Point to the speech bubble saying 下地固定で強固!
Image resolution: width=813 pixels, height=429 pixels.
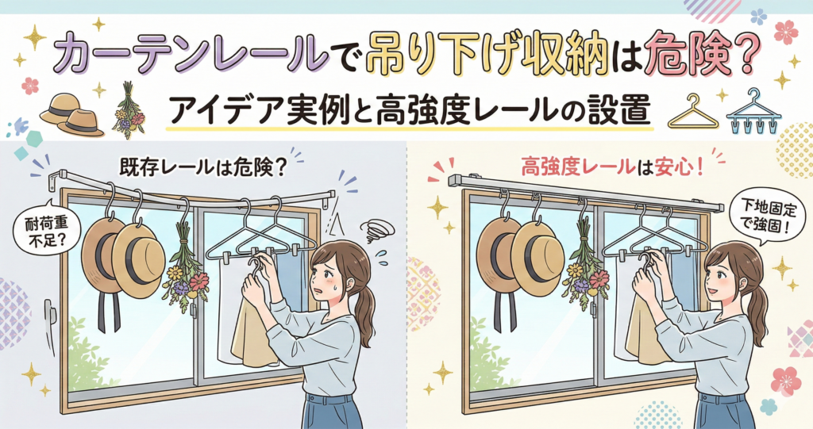click(766, 217)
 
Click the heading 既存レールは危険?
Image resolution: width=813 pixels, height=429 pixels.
click(202, 168)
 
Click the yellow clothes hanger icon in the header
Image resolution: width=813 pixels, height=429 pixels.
click(693, 111)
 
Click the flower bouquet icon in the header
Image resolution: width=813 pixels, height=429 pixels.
click(129, 110)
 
